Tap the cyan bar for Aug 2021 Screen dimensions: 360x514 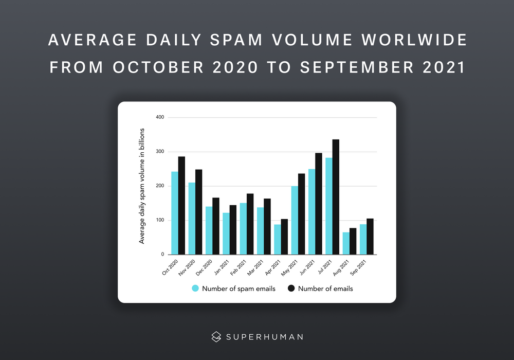346,243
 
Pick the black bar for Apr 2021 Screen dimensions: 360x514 284,237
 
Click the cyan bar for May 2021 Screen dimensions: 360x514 295,220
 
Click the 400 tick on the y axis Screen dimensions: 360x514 159,118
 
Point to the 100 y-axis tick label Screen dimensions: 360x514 159,221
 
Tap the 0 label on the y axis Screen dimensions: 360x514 162,255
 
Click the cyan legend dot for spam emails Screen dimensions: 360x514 195,289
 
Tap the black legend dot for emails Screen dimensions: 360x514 291,289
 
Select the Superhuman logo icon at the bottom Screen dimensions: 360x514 216,337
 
